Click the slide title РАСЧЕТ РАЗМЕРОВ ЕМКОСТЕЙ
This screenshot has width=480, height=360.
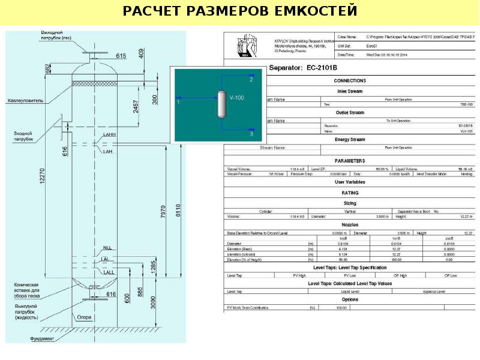(x=240, y=11)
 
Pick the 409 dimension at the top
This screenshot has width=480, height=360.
(x=142, y=55)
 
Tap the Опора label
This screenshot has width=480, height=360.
(x=85, y=317)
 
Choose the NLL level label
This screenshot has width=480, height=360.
(x=107, y=248)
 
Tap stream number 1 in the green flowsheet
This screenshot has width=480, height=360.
(x=178, y=103)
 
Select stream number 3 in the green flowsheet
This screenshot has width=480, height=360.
(x=251, y=136)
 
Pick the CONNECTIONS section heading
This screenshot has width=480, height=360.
(x=349, y=80)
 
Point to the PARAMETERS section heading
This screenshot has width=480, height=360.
(x=349, y=161)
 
